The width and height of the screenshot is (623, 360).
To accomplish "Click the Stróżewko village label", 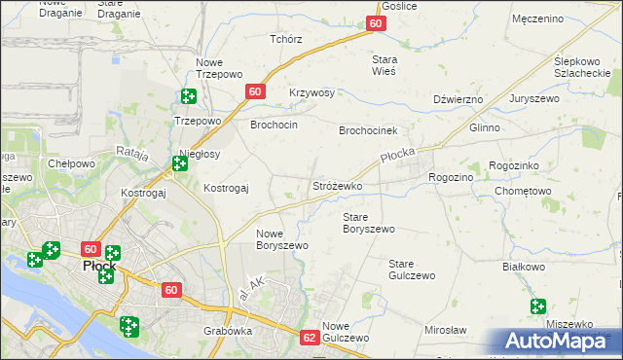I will pyautogui.click(x=337, y=185).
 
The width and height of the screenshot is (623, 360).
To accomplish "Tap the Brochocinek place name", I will pyautogui.click(x=369, y=130).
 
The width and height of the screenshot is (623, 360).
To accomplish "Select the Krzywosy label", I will pyautogui.click(x=311, y=93).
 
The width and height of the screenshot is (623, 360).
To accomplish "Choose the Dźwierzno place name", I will pyautogui.click(x=458, y=99).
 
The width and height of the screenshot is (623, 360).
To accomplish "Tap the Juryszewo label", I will pyautogui.click(x=558, y=99).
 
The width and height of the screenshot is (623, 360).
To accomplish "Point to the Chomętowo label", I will pyautogui.click(x=523, y=191).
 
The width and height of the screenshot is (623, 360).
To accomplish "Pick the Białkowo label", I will pyautogui.click(x=522, y=266).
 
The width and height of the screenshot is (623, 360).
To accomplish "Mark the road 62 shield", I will pyautogui.click(x=310, y=338).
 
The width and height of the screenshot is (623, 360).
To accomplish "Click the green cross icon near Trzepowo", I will pyautogui.click(x=188, y=96).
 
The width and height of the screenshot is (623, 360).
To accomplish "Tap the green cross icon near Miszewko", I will pyautogui.click(x=538, y=306).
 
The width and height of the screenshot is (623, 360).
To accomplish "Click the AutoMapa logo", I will pyautogui.click(x=557, y=341).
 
